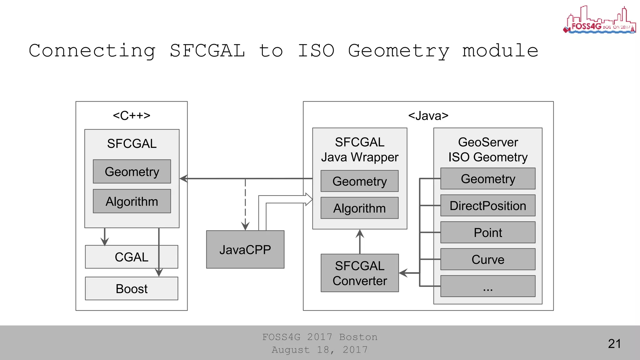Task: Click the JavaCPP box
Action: pos(245,249)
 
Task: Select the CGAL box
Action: pos(131,257)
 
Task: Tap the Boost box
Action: pos(131,288)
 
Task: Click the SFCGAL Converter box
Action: pos(360,273)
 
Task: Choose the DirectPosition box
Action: pos(487,206)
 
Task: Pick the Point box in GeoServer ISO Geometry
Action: pos(487,232)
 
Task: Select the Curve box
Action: pos(487,259)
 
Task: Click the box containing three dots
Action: pos(487,286)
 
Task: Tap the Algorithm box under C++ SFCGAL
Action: pos(132,201)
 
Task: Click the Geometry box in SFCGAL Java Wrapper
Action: pos(359,181)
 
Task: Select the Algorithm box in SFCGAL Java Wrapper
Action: pos(359,208)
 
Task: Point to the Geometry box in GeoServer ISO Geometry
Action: pos(487,179)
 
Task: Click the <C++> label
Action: pos(132,116)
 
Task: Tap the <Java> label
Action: pos(428,116)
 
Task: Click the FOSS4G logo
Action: pos(599,20)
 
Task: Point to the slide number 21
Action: pos(614,343)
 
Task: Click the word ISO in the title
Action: pos(316,51)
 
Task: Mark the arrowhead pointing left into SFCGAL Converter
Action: pos(403,273)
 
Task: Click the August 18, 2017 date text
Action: pos(319,350)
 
